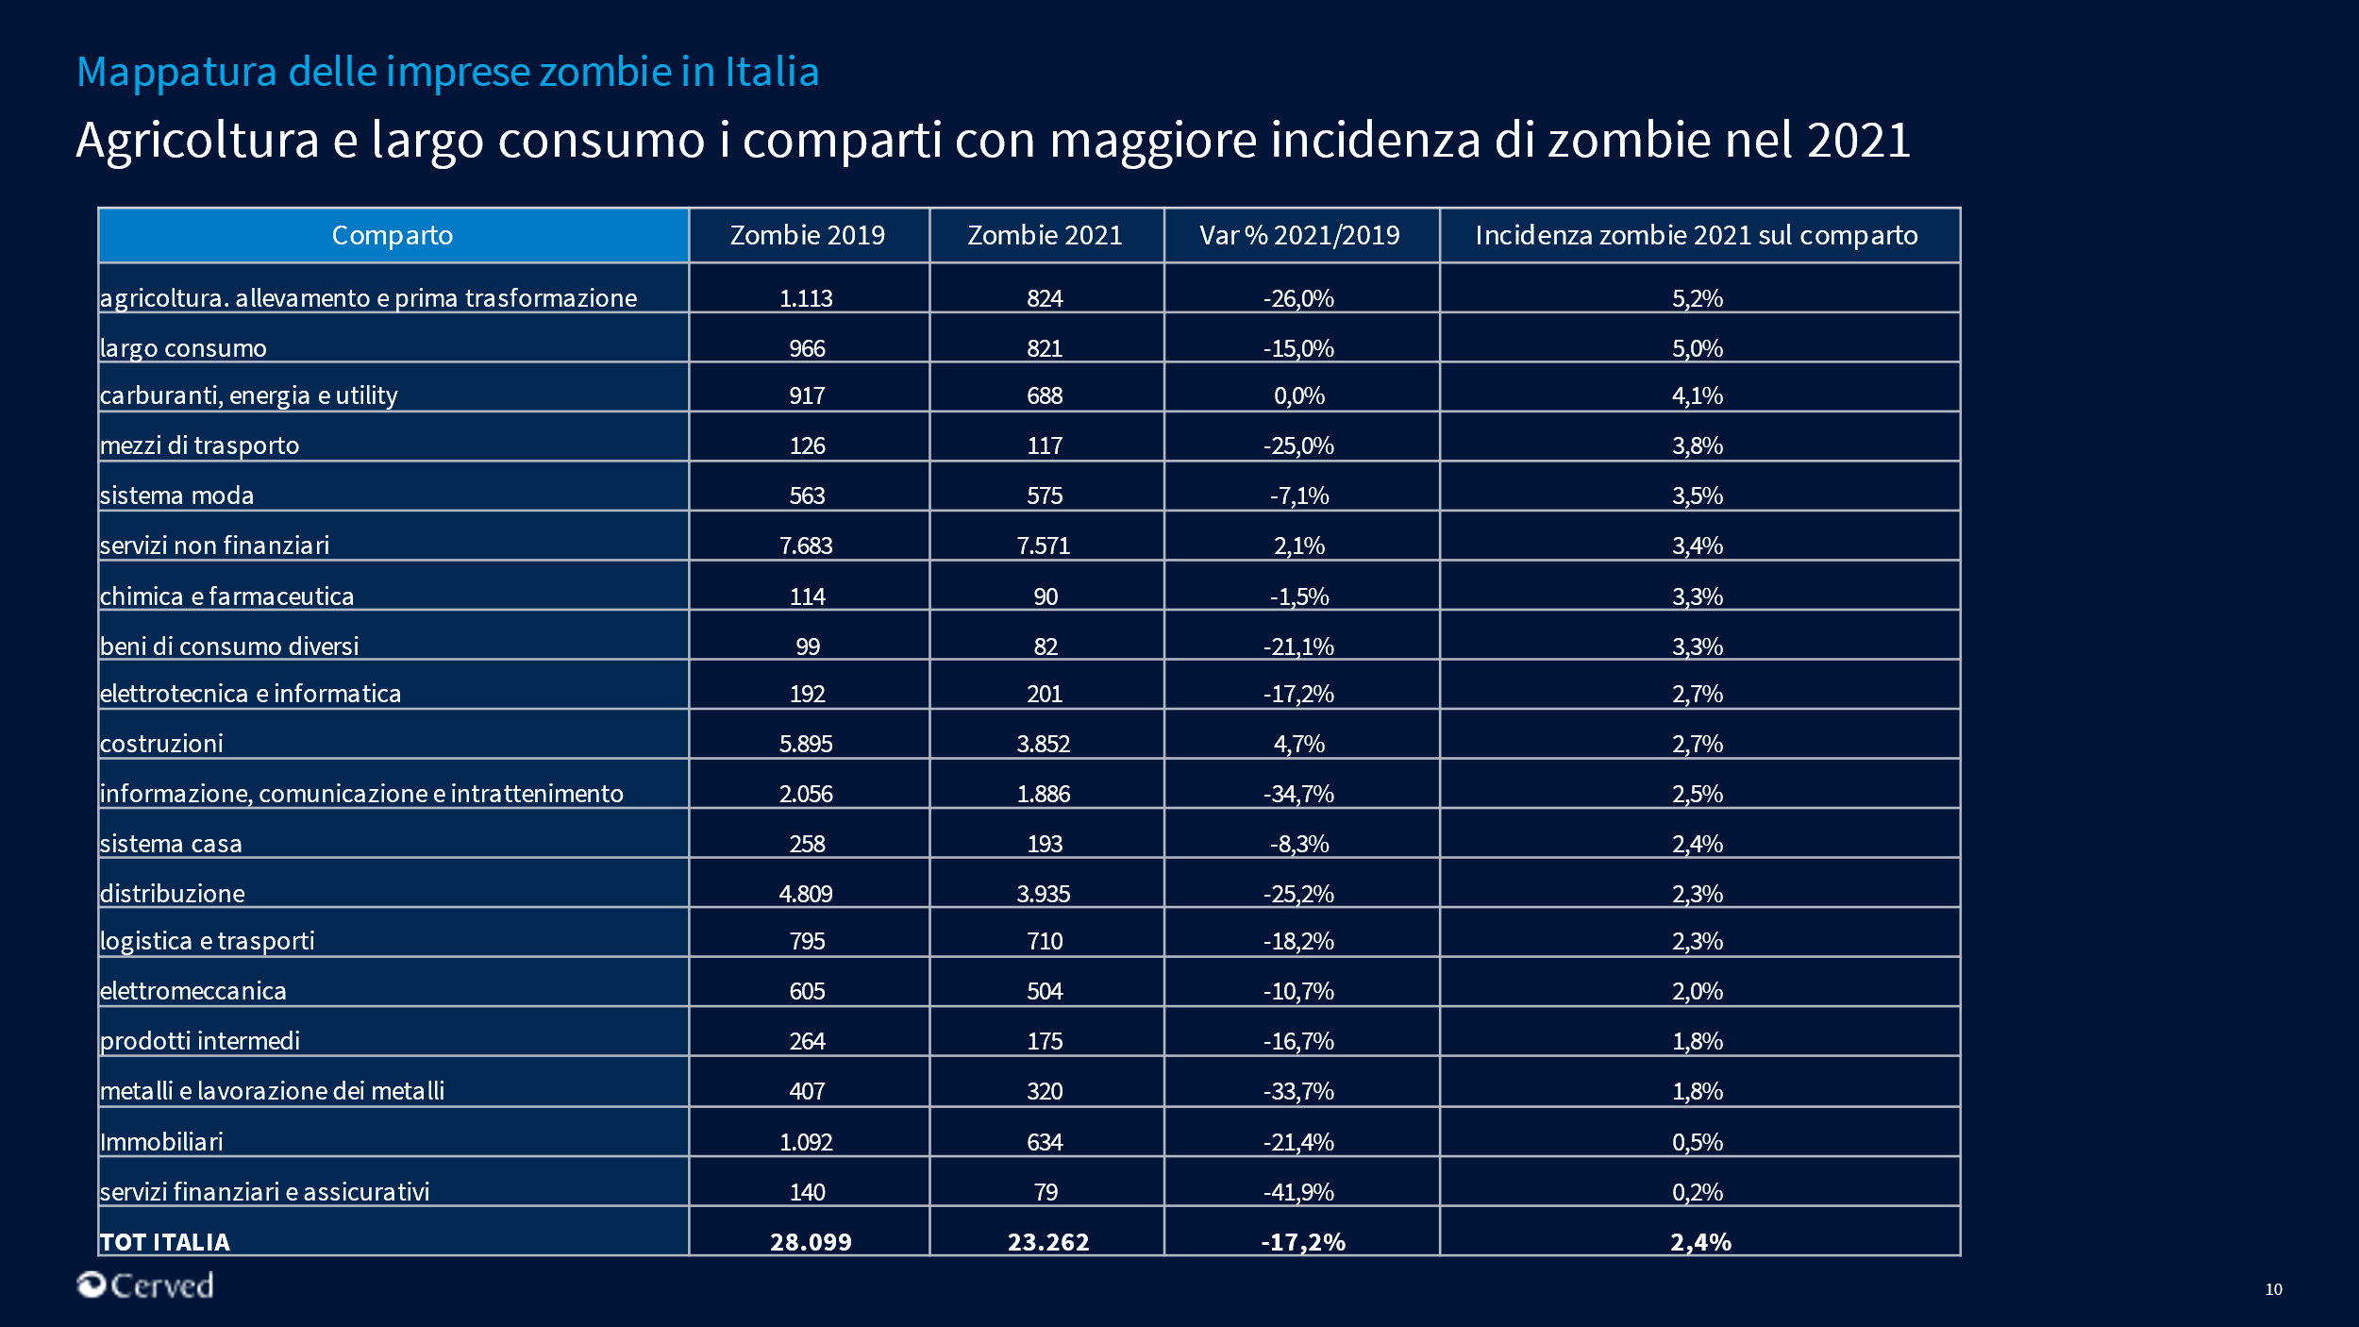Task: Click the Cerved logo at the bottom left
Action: click(x=145, y=1285)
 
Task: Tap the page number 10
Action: click(x=2273, y=1289)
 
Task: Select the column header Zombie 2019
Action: click(x=808, y=235)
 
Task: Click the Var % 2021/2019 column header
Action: click(x=1299, y=235)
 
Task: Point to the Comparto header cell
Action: click(x=393, y=235)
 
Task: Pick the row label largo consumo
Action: click(x=183, y=348)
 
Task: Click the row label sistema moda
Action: click(x=177, y=496)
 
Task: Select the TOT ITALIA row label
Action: click(x=165, y=1242)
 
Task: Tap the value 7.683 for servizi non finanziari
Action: click(x=806, y=546)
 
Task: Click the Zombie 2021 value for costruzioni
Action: click(x=1044, y=744)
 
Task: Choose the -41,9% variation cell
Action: click(x=1298, y=1192)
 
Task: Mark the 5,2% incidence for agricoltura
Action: click(x=1698, y=298)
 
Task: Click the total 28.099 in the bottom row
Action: click(x=811, y=1242)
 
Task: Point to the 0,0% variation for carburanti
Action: click(x=1299, y=395)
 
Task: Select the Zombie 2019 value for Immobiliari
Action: click(x=806, y=1142)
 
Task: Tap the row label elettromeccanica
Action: click(x=193, y=991)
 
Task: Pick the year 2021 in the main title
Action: click(x=1858, y=140)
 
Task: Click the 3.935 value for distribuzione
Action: click(x=1044, y=894)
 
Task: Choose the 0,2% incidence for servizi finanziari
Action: click(x=1698, y=1192)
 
